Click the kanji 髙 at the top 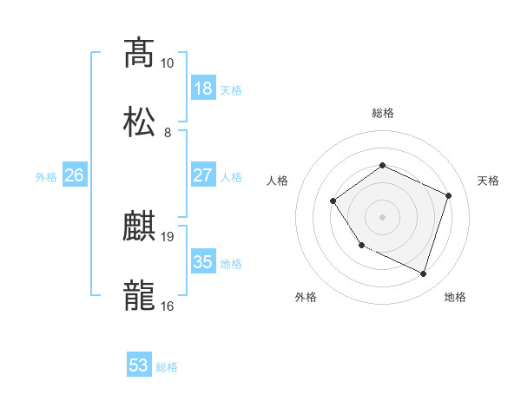(140, 53)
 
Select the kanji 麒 (140, 228)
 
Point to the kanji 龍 (140, 296)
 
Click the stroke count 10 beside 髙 (167, 63)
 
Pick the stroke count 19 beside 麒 (168, 236)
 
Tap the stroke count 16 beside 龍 (168, 306)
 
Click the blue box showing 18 (202, 89)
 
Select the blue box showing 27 (202, 175)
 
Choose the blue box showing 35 (202, 262)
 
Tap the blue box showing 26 (75, 175)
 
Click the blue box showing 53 (139, 365)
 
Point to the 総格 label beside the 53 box (167, 367)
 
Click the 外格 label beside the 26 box (46, 177)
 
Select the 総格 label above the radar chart (383, 113)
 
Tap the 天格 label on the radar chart (489, 181)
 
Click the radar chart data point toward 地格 (423, 274)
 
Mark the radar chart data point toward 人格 (333, 201)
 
